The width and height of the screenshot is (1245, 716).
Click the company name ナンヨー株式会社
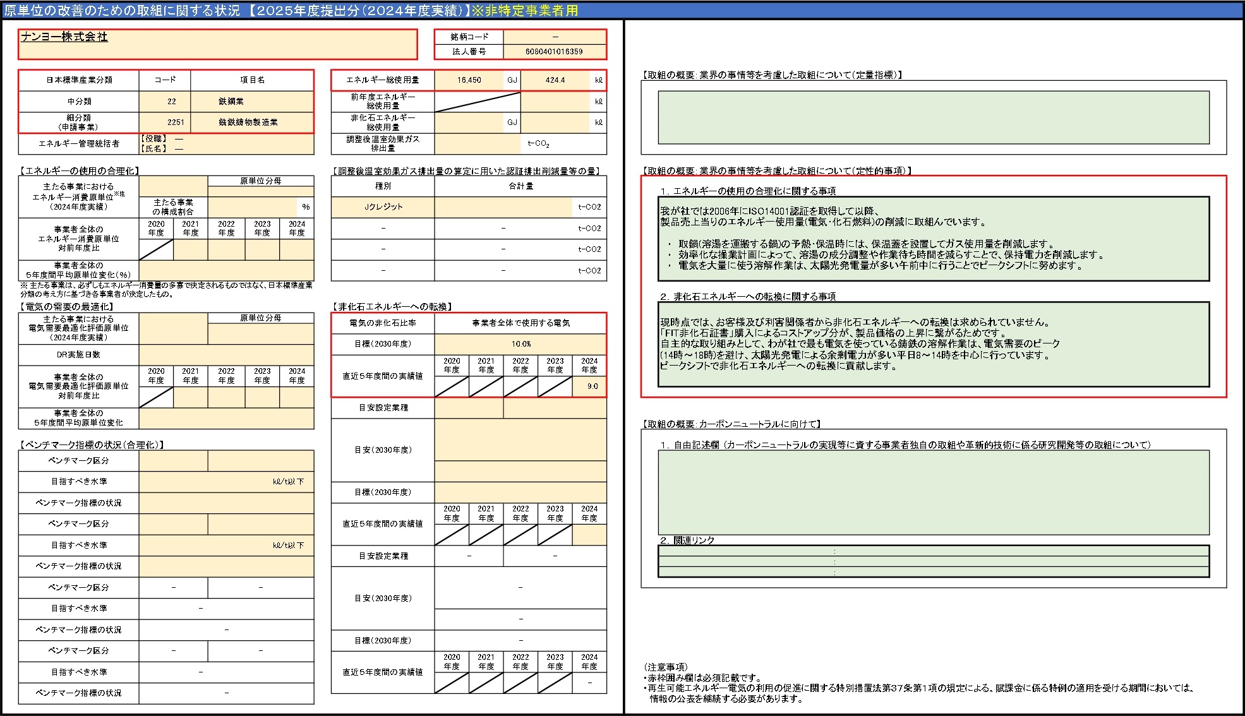point(64,37)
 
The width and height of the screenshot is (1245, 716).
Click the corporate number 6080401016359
point(554,52)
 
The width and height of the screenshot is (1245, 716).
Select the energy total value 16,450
point(469,80)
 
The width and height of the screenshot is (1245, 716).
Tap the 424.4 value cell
point(555,80)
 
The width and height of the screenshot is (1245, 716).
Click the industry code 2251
point(176,122)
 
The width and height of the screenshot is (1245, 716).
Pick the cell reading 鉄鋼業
point(231,101)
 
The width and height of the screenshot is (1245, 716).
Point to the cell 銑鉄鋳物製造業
point(248,122)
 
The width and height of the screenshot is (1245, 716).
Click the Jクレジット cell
point(383,207)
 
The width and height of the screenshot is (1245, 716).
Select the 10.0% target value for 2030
point(521,344)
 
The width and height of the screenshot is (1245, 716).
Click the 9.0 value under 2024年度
point(592,386)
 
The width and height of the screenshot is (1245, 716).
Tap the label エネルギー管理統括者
point(79,144)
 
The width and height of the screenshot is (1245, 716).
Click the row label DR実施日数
point(79,355)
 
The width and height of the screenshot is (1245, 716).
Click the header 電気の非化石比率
point(383,323)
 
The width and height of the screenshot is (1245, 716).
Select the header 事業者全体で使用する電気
point(521,323)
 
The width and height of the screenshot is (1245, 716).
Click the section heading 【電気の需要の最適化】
point(67,307)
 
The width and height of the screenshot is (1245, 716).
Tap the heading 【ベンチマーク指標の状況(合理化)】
point(92,445)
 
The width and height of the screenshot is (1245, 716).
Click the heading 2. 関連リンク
point(687,540)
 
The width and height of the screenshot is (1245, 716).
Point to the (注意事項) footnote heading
point(666,667)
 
